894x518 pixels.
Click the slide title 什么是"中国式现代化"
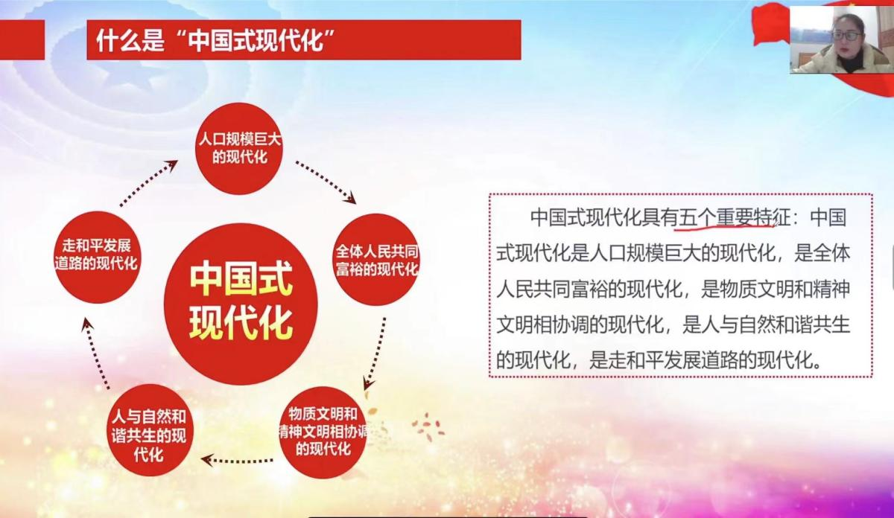[215, 40]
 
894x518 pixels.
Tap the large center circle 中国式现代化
[241, 304]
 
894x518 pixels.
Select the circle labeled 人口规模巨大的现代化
[239, 149]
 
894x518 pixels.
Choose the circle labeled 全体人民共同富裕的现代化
[376, 260]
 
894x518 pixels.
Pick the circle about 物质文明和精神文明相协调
[323, 432]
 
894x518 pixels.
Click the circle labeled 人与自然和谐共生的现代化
[150, 430]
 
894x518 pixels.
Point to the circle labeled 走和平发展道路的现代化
[97, 257]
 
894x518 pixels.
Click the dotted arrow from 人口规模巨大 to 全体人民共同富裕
[326, 182]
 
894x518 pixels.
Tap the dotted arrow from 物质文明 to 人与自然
[237, 460]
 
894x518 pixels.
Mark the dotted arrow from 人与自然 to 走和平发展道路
[95, 354]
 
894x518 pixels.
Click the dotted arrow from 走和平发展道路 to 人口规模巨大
[148, 183]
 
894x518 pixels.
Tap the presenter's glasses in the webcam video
[846, 36]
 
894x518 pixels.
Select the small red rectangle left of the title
[22, 40]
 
